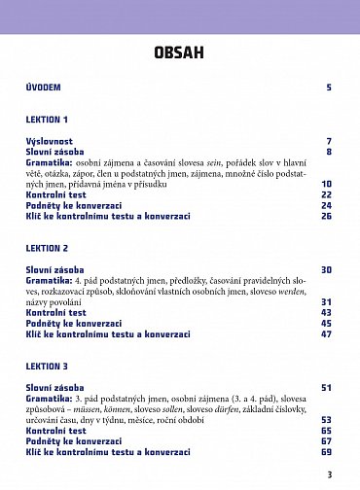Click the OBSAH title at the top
pos(180,52)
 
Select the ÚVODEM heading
pos(43,87)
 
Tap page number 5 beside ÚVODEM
pos(329,87)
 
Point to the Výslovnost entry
pos(49,141)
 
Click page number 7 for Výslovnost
pos(329,141)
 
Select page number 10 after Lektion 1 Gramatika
pos(326,184)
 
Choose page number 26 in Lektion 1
pos(326,216)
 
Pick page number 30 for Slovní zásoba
pos(326,269)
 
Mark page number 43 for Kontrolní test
pos(326,312)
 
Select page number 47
pos(326,333)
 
